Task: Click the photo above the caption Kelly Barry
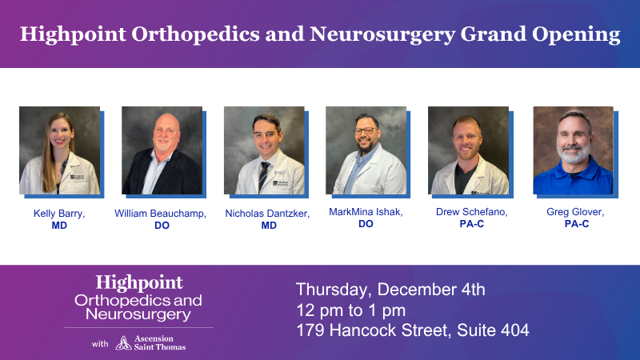[59, 150]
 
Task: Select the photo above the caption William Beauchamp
[162, 150]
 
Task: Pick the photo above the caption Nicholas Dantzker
[264, 150]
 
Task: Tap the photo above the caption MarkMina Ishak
[366, 150]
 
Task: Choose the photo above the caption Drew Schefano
[468, 150]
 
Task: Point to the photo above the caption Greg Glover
[573, 150]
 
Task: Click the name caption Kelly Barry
[59, 214]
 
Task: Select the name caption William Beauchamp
[161, 214]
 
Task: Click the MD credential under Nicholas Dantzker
[269, 226]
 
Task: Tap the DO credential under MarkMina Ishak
[365, 224]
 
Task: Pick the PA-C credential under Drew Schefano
[472, 224]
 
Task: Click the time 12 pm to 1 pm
[350, 310]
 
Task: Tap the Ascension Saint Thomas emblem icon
[124, 342]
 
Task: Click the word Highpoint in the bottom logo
[139, 282]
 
